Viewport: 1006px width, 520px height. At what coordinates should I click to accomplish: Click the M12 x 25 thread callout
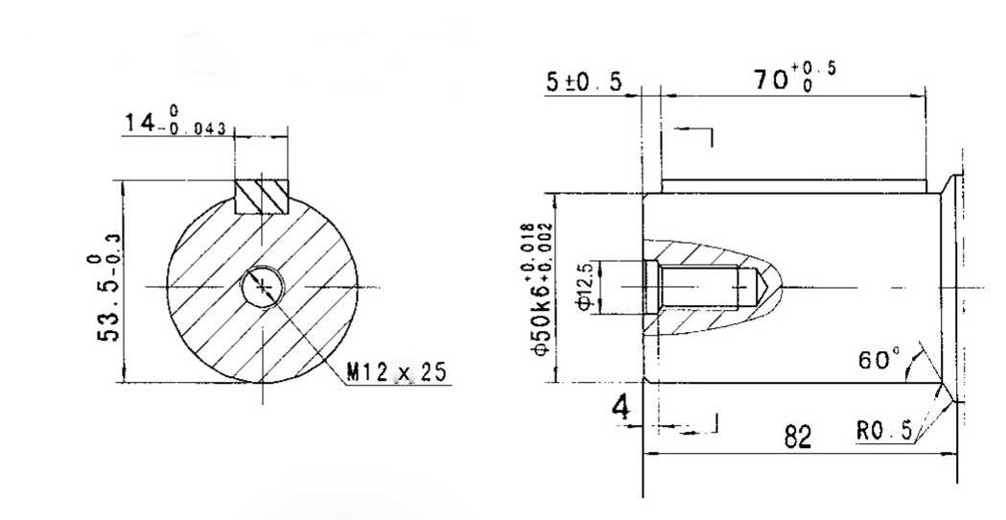(x=396, y=372)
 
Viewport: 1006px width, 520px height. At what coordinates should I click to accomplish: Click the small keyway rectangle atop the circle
(x=262, y=196)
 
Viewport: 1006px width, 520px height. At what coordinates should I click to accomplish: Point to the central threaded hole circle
(x=262, y=286)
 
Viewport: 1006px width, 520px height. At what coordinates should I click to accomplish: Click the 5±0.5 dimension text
(x=584, y=83)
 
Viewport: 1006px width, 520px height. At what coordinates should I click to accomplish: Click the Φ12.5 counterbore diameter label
(x=586, y=287)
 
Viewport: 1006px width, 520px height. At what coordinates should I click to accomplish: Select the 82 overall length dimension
(x=798, y=438)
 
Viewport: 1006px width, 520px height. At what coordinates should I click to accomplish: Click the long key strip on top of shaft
(x=794, y=185)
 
